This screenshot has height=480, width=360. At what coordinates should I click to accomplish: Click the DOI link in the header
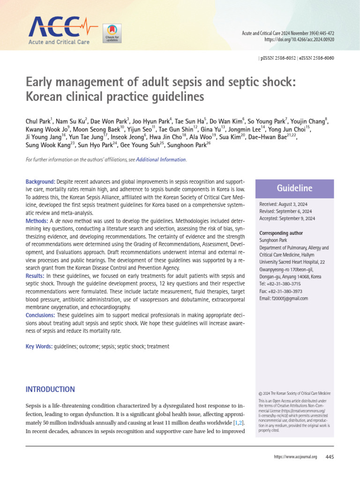[x=306, y=40]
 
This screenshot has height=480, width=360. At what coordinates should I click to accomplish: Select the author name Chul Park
[x=39, y=121]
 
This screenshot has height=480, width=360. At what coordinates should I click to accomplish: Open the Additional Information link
[x=161, y=160]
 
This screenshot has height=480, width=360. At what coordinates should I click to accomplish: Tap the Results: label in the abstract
[x=35, y=276]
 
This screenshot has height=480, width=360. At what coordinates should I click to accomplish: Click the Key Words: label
[x=39, y=346]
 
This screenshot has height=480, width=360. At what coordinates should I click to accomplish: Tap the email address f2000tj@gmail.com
[x=291, y=298]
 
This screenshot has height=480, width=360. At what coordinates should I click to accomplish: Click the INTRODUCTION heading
[x=50, y=390]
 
